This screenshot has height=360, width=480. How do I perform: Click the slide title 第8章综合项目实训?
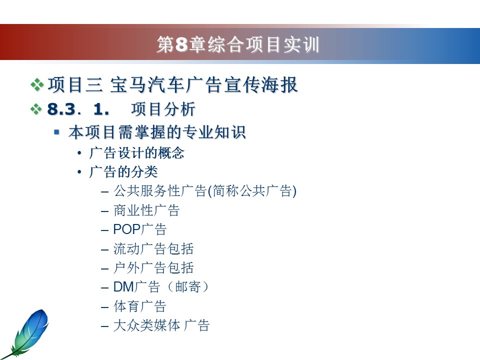tap(238, 44)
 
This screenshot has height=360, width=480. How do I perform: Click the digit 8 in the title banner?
tap(181, 44)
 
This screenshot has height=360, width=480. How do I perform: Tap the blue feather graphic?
tap(25, 333)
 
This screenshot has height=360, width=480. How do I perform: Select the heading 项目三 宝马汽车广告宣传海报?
tap(172, 85)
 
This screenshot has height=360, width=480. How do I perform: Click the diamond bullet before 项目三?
tap(37, 85)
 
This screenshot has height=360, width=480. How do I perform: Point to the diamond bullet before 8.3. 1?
tap(36, 109)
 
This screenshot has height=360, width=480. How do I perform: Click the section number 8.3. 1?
tap(78, 109)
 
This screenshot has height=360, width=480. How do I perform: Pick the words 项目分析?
tap(163, 109)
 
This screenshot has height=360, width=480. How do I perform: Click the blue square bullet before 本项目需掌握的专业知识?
tap(56, 132)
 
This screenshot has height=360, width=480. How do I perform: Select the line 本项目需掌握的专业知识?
tap(157, 132)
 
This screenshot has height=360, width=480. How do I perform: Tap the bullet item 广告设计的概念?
tap(136, 153)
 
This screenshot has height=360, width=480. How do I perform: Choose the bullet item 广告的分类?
tap(123, 171)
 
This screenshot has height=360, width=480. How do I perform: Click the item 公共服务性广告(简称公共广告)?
tap(205, 191)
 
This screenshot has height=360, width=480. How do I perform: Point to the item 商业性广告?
tap(146, 210)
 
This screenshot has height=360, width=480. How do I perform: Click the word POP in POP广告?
tap(126, 229)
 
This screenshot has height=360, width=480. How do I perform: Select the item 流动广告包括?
tap(153, 248)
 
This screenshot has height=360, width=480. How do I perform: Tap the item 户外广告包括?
tap(153, 268)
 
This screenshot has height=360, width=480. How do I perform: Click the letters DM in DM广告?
tap(123, 287)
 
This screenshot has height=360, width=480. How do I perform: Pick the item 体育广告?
tap(140, 306)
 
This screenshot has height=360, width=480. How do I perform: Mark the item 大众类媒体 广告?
tap(161, 325)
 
